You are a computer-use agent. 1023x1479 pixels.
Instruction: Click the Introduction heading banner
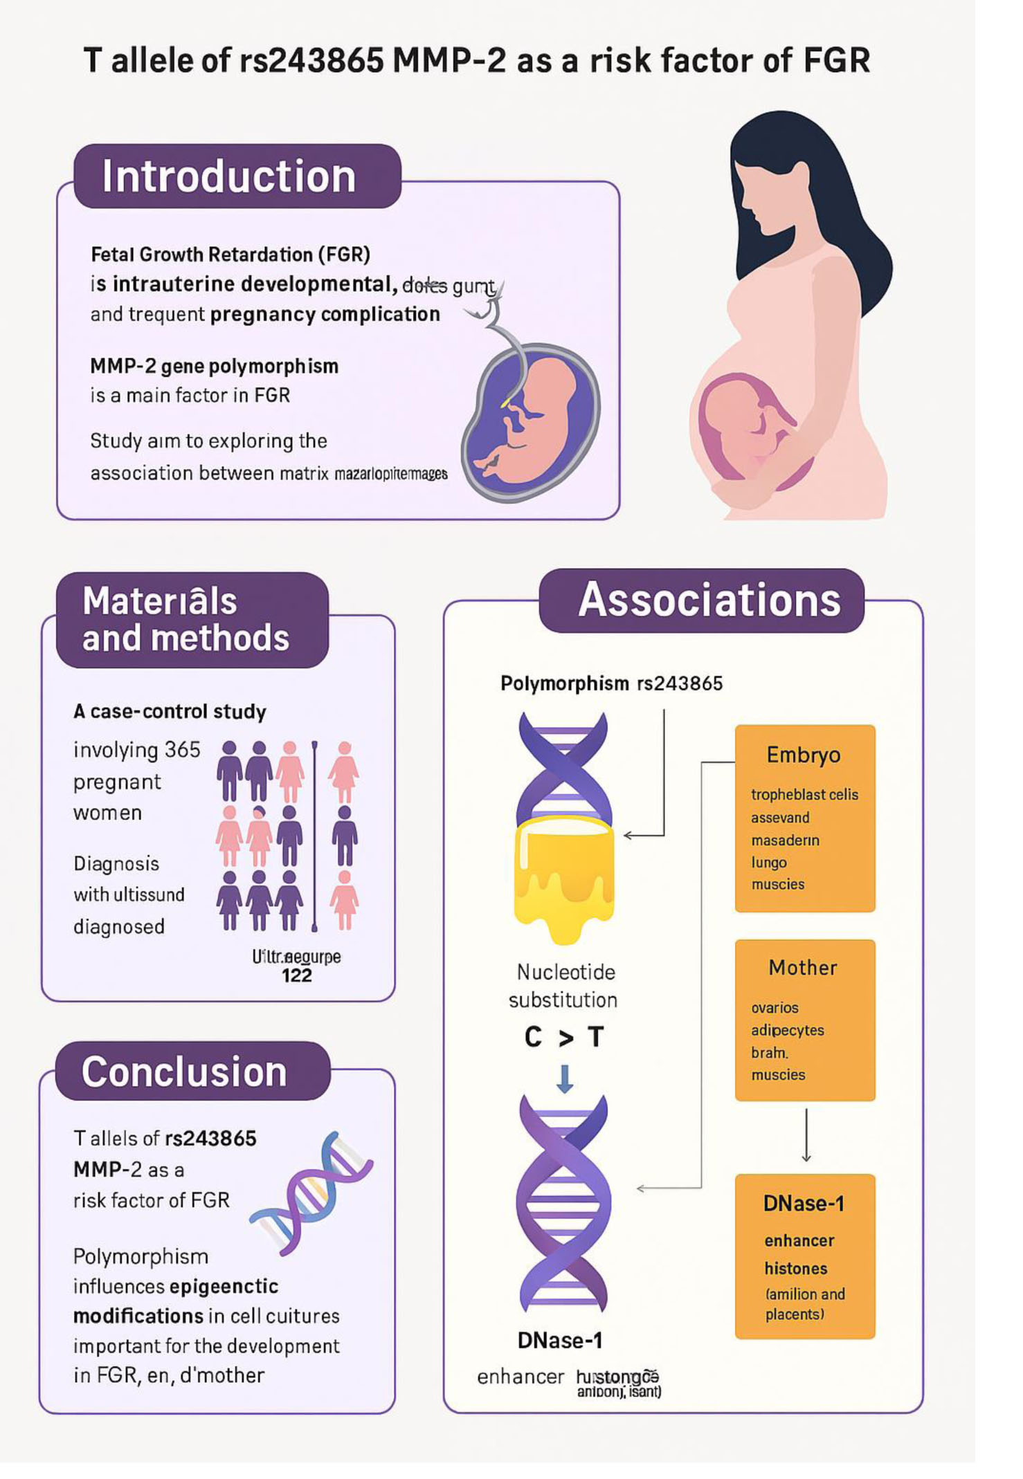point(237,176)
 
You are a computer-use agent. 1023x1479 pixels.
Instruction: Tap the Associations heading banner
point(701,600)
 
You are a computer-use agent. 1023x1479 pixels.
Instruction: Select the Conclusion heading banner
point(192,1072)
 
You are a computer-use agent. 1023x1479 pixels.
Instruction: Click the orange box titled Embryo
point(804,818)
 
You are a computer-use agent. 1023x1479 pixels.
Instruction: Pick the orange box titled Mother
point(804,1020)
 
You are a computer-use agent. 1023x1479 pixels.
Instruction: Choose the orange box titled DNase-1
point(804,1256)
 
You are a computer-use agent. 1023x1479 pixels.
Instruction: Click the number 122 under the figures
point(297,975)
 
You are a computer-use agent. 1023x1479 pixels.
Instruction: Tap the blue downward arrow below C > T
point(565,1078)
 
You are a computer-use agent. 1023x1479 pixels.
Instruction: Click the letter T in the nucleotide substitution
point(595,1037)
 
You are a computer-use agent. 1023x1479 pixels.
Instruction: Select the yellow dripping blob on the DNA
point(564,875)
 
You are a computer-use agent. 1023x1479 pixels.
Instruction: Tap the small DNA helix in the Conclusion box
point(311,1193)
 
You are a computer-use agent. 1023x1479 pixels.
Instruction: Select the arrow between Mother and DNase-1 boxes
point(806,1135)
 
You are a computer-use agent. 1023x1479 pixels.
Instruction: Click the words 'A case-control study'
point(170,711)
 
